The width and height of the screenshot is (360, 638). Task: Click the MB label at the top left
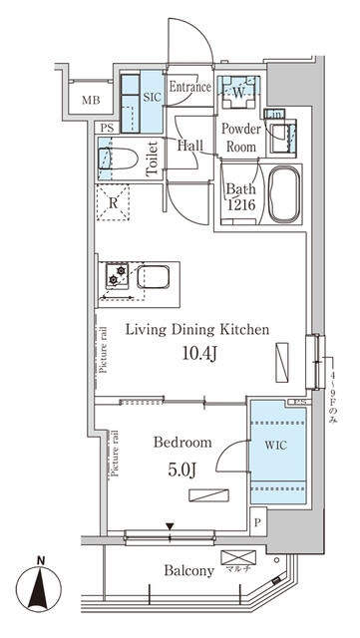(x=91, y=101)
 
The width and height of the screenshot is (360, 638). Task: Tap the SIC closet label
(x=153, y=96)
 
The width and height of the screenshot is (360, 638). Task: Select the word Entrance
(x=189, y=87)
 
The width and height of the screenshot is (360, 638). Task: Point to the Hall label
(x=190, y=146)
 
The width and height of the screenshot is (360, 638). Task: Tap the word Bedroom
(x=182, y=442)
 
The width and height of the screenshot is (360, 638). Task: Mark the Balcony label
(x=188, y=571)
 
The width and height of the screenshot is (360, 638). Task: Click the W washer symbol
(x=239, y=94)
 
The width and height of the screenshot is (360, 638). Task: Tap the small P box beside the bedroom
(x=258, y=523)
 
